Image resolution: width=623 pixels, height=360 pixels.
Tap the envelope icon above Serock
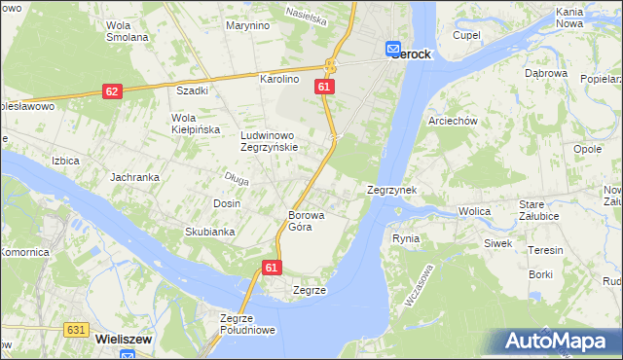click(392, 47)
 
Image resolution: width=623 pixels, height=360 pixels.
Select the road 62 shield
click(112, 91)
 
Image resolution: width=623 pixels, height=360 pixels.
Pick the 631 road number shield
click(77, 330)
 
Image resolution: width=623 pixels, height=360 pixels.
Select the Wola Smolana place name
click(127, 31)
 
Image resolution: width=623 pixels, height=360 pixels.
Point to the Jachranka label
click(134, 178)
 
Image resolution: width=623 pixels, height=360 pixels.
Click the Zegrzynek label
click(392, 191)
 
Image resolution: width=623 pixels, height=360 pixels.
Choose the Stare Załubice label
click(544, 210)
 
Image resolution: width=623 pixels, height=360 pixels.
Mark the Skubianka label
click(210, 232)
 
